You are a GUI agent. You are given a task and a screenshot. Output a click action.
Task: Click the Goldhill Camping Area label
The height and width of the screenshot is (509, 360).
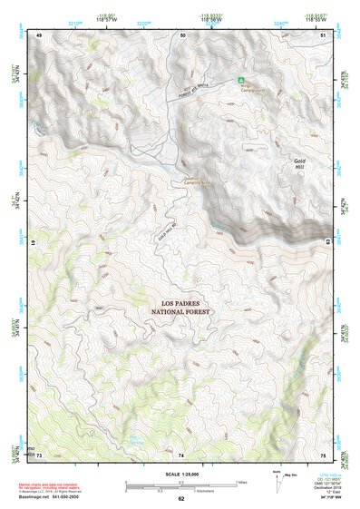(x=192, y=180)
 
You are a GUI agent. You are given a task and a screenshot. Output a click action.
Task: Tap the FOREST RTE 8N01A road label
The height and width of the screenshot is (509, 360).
(x=194, y=81)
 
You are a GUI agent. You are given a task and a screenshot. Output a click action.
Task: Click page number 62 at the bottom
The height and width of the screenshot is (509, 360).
(x=180, y=499)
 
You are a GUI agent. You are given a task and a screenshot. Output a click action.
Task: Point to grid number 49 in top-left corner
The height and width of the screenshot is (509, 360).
(x=39, y=34)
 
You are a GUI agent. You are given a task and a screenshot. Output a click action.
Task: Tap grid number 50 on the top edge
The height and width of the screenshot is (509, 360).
(x=182, y=34)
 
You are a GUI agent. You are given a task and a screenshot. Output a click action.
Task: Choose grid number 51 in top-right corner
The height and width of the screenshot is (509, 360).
(x=324, y=34)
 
